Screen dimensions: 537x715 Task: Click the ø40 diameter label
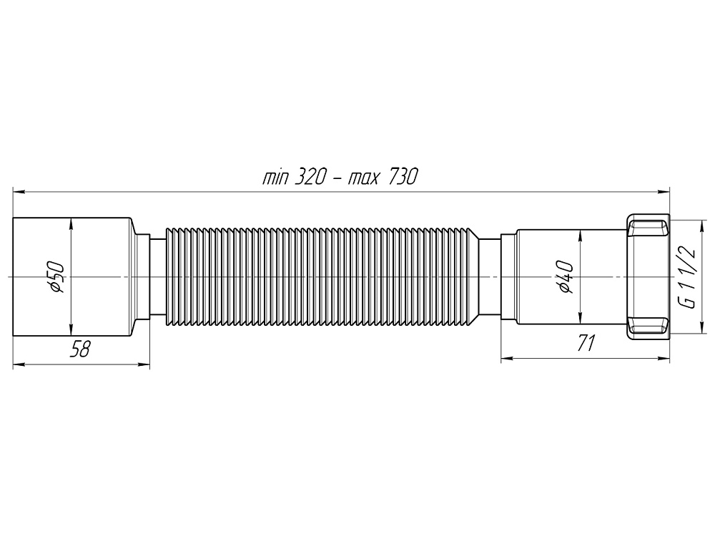tap(566, 276)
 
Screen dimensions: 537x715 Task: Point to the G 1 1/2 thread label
tap(688, 276)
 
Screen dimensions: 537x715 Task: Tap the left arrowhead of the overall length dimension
tap(19, 192)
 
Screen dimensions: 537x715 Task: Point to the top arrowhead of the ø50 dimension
tap(70, 222)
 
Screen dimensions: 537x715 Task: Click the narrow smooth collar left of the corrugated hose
tap(157, 276)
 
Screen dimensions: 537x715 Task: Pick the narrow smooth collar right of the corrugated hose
tap(488, 276)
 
